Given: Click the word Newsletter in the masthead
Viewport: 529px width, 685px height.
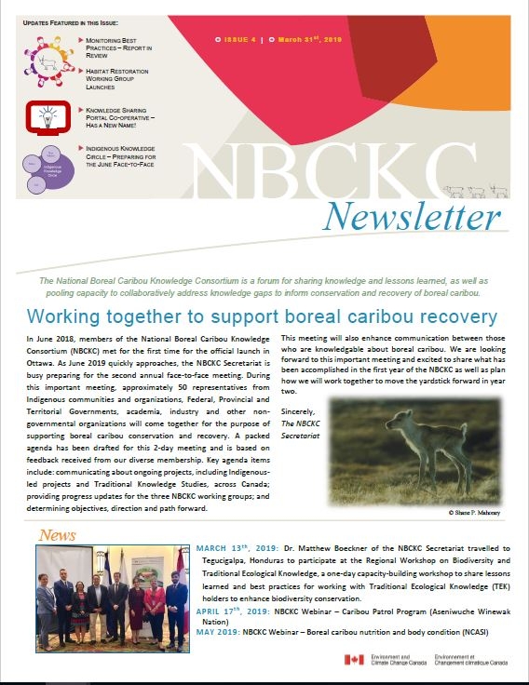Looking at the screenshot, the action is (x=413, y=217).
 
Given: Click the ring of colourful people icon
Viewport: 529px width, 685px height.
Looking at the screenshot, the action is (x=44, y=62).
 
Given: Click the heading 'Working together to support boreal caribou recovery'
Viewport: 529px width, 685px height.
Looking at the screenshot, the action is (x=263, y=316).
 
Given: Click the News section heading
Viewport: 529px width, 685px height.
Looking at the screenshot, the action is (x=57, y=535).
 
